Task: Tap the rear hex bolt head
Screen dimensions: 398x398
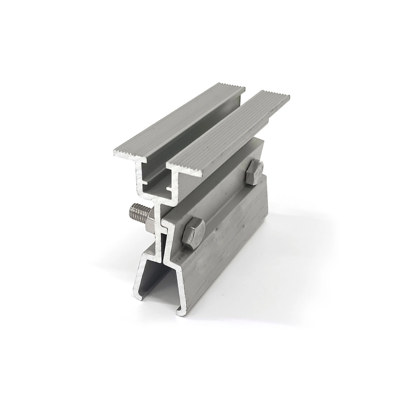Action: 254,172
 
